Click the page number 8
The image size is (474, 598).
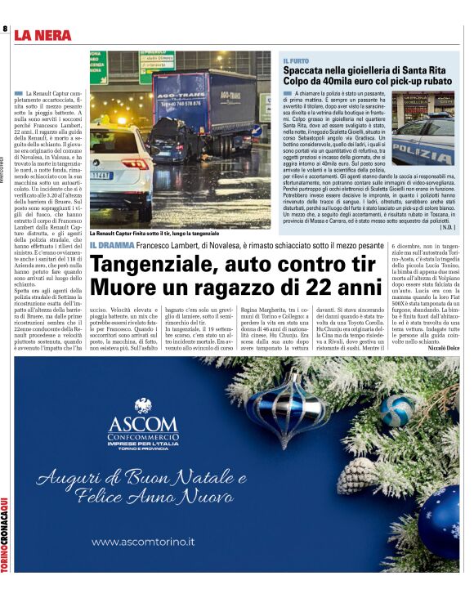(x=6, y=29)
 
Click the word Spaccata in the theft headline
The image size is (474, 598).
(x=306, y=72)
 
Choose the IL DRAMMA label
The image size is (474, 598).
(x=111, y=245)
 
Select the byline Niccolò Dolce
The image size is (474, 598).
(x=443, y=347)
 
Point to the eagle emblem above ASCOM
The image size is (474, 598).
(x=143, y=404)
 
